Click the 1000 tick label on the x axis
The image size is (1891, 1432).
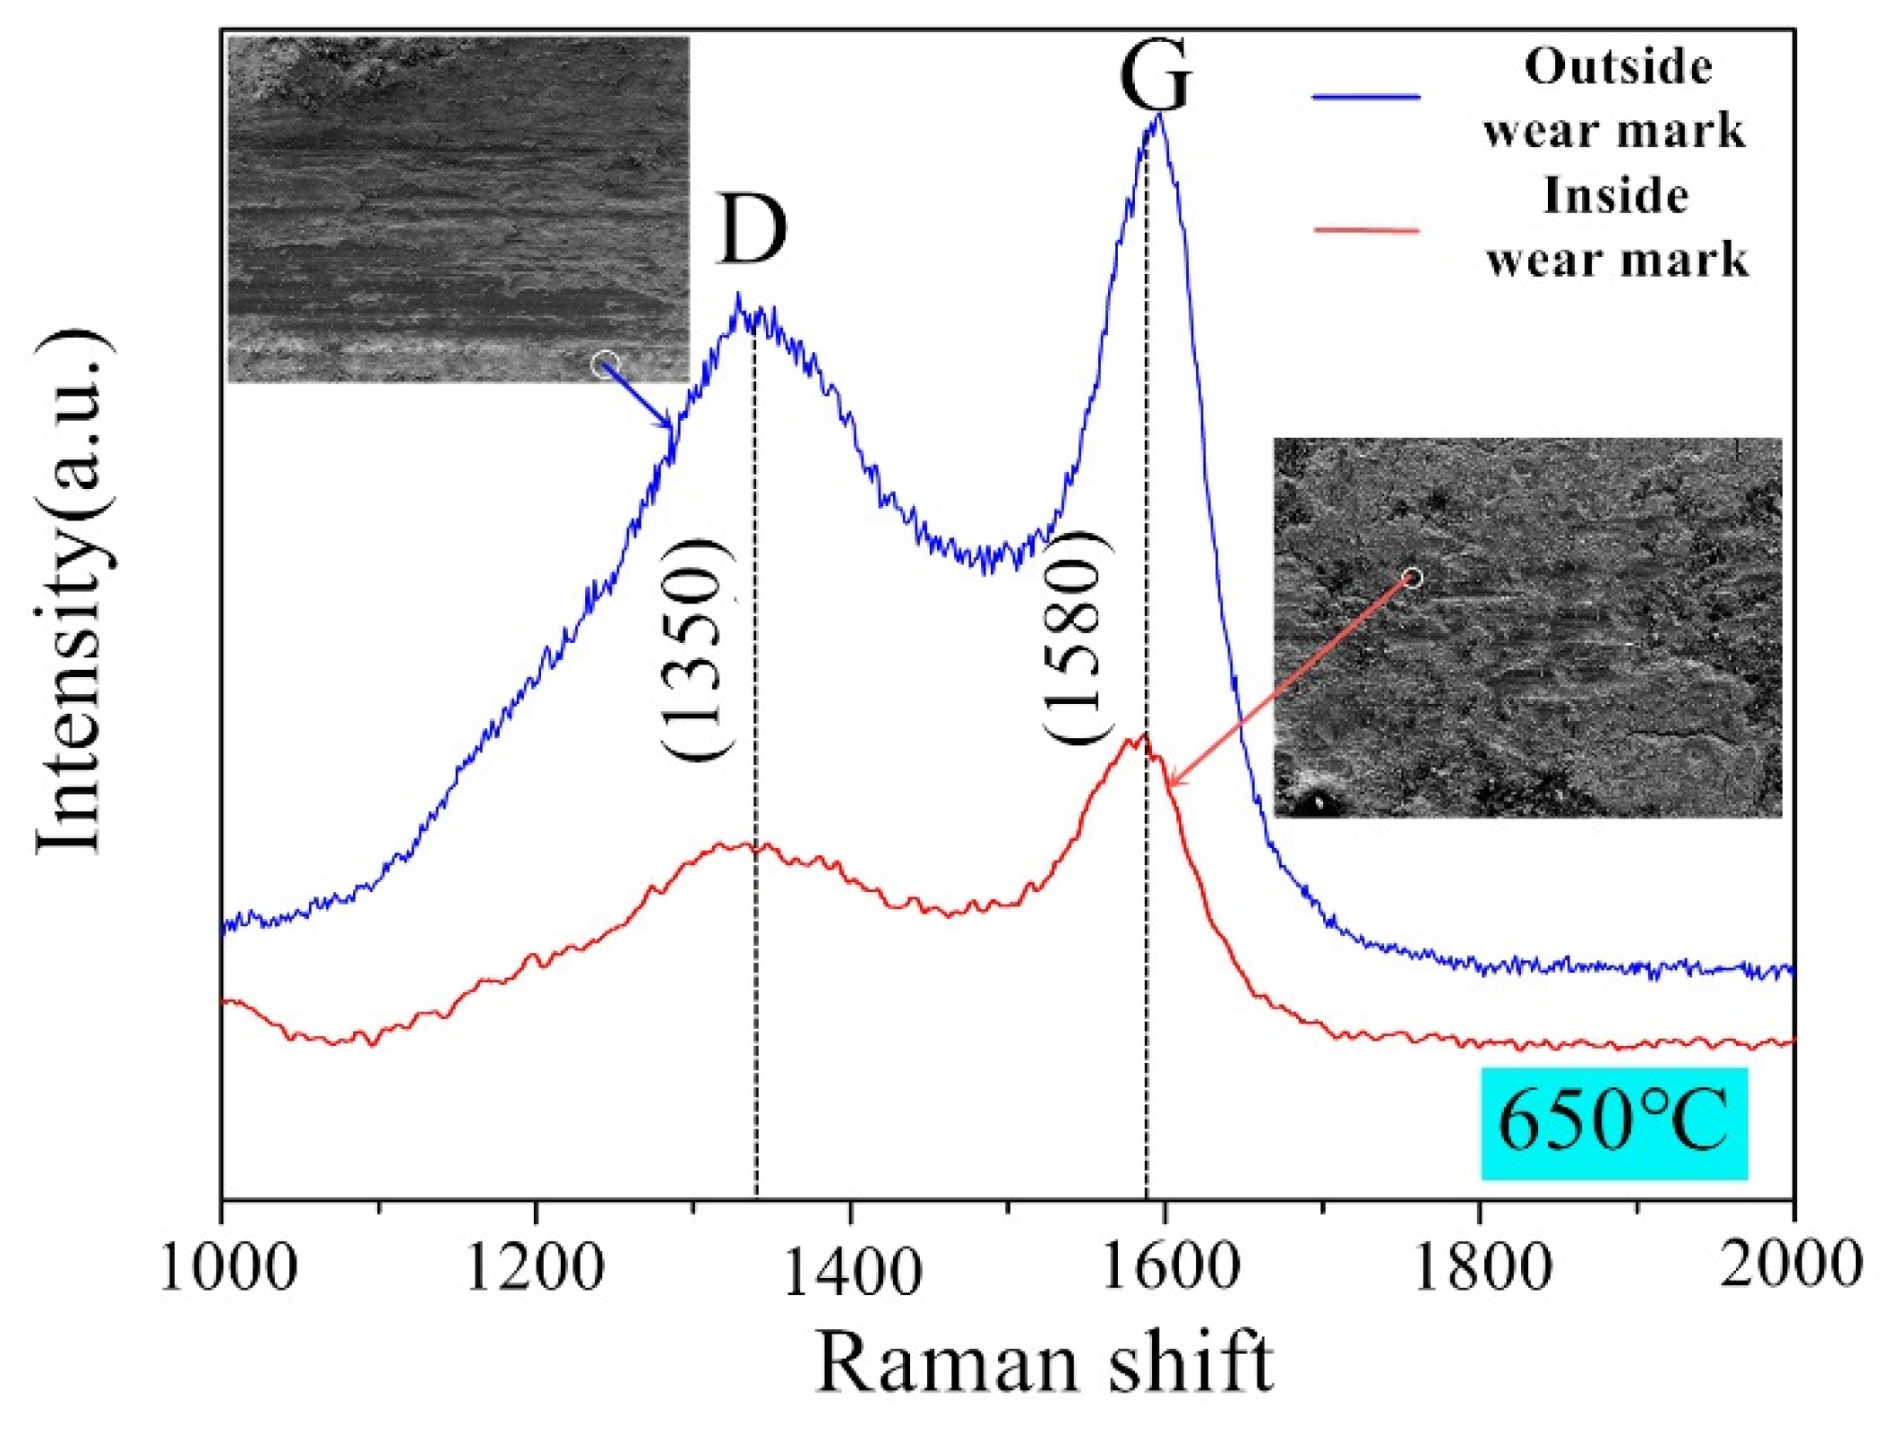click(228, 1268)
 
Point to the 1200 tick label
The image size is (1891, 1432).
click(536, 1268)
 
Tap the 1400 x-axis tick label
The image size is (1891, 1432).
click(851, 1268)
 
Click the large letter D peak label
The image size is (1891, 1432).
click(751, 230)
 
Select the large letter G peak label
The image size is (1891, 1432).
click(1156, 76)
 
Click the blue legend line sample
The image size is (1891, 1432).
click(1366, 97)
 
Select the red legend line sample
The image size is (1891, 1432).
click(1366, 231)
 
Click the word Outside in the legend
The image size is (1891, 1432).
click(1618, 67)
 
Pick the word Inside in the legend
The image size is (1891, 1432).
click(1615, 196)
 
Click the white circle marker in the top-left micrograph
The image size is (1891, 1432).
click(606, 364)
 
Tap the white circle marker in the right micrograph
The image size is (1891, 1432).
click(1413, 578)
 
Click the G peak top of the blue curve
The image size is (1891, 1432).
click(1159, 116)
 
